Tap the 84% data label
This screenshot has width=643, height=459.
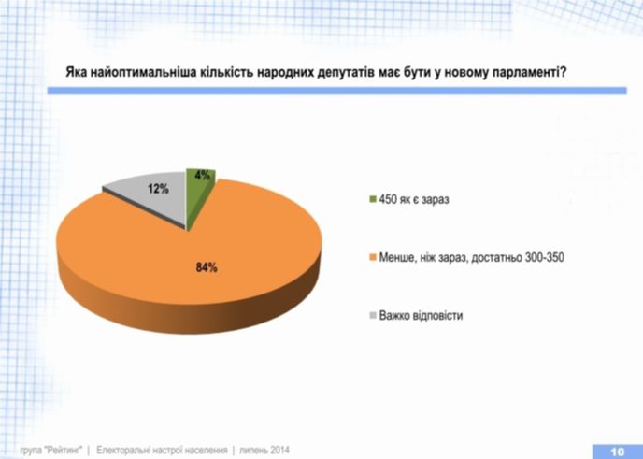[x=207, y=268]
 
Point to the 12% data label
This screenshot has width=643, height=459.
[x=158, y=189]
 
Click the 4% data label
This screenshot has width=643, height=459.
[x=202, y=175]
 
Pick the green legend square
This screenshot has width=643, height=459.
[x=373, y=199]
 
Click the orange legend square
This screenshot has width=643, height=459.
[x=373, y=257]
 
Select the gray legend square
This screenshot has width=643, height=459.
[x=373, y=315]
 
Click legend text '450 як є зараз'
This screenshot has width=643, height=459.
[x=414, y=199]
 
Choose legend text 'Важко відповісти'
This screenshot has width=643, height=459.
[x=421, y=315]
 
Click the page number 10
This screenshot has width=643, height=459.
[x=618, y=452]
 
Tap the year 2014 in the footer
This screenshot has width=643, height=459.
[x=279, y=450]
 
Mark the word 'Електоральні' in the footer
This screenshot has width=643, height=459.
[x=122, y=450]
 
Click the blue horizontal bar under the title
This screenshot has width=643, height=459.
[x=337, y=91]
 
